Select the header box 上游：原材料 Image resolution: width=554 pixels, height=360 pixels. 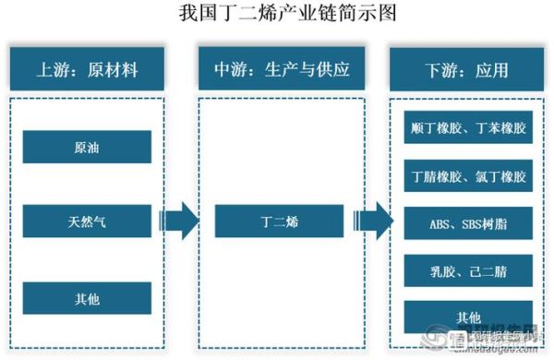pos(87,69)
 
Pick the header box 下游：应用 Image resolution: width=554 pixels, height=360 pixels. pos(466,69)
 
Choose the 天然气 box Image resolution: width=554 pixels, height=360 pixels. pos(88,222)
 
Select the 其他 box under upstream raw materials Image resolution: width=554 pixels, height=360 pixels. pos(88,298)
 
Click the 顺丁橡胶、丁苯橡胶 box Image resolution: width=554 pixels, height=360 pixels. pos(468,128)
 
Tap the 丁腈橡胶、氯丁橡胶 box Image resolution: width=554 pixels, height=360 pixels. pos(468,175)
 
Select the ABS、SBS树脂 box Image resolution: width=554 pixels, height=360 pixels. pos(468,222)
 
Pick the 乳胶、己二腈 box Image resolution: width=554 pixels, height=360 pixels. pos(468,270)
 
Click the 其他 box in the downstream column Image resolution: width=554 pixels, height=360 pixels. pos(468,318)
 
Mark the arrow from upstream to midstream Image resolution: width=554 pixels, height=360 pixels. pos(178,222)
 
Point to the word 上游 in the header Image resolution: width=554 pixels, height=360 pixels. pos(52,69)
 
